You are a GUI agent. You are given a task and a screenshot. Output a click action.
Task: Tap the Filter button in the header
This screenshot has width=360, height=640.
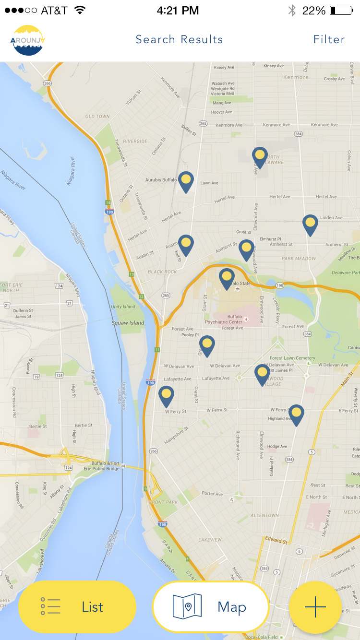click(329, 39)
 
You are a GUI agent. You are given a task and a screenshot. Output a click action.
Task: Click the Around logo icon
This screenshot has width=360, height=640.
click(27, 40)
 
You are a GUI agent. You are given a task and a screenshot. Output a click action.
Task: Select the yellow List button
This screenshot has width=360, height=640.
click(77, 607)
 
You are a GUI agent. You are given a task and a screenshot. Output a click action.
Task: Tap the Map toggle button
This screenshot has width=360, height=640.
click(210, 607)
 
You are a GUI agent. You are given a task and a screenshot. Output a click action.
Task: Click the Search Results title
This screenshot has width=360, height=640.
click(179, 39)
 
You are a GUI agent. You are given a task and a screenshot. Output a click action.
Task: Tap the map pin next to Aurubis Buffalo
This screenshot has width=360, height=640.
click(186, 181)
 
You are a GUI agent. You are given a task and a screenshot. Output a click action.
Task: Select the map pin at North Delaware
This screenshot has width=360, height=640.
click(260, 156)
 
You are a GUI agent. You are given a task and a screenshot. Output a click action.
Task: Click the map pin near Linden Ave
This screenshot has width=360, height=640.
click(310, 224)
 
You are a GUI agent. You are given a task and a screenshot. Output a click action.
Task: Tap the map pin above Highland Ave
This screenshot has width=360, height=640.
click(296, 414)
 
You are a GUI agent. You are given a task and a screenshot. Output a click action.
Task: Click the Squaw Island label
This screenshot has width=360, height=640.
click(128, 323)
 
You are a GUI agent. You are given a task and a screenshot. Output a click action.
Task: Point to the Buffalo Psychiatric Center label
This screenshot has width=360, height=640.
click(228, 320)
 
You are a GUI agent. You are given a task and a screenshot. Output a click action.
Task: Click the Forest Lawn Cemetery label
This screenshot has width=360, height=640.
click(292, 358)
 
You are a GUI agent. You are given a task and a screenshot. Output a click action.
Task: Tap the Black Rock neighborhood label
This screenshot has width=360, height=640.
click(162, 272)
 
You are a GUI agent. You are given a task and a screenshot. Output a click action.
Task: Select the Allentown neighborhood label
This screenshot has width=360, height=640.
click(264, 515)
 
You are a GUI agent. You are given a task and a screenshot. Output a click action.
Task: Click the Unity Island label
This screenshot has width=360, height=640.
click(123, 307)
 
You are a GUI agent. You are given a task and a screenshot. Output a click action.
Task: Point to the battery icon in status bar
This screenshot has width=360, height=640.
click(341, 11)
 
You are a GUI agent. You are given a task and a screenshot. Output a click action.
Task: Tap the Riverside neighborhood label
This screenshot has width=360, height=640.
click(135, 141)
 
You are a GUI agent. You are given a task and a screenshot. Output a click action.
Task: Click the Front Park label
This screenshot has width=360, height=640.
click(163, 502)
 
